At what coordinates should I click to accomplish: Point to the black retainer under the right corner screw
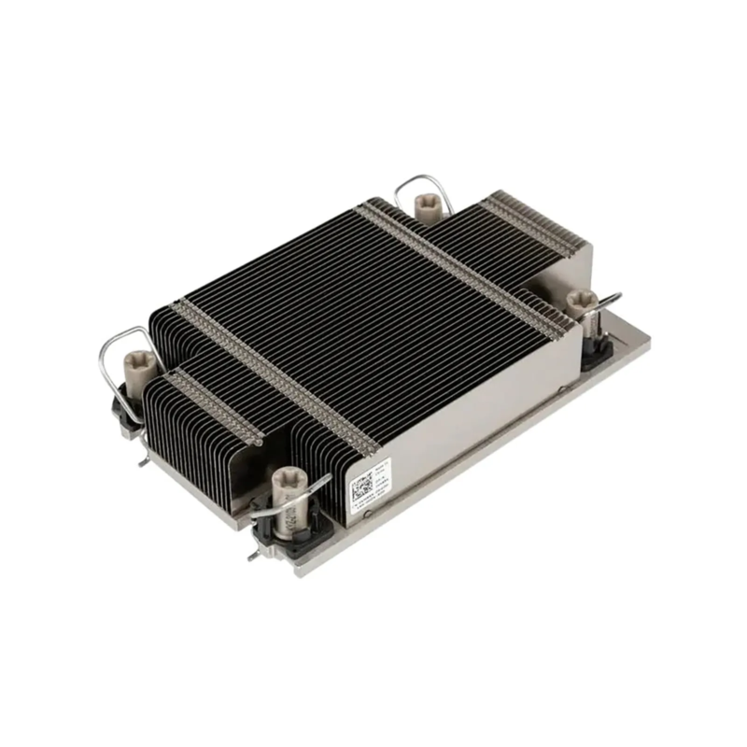[x=596, y=346]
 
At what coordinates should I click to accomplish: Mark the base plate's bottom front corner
[x=297, y=572]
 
